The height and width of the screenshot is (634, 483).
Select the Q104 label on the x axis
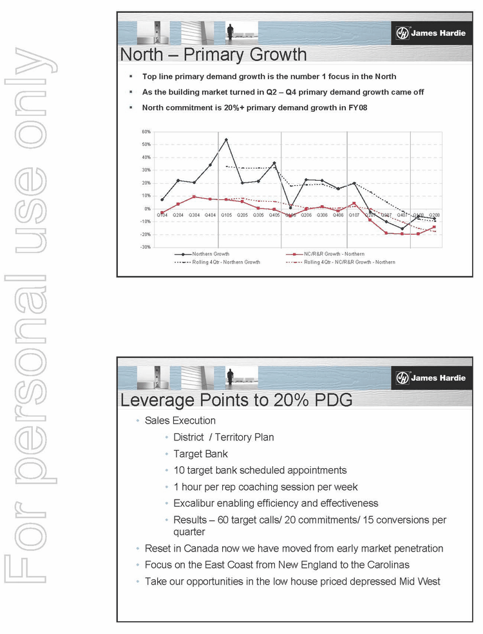coord(162,215)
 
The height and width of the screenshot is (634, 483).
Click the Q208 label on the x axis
coord(435,215)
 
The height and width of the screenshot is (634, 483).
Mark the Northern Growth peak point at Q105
coord(226,140)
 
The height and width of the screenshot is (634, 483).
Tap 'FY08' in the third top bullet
coord(357,107)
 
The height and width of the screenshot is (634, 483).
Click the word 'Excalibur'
coord(194,503)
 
